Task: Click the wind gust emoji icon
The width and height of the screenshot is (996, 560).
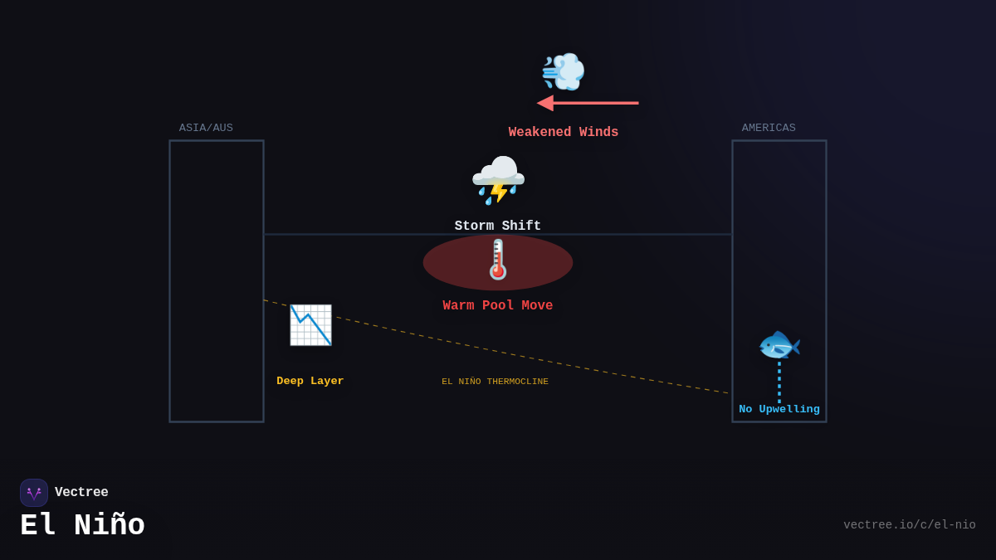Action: point(564,71)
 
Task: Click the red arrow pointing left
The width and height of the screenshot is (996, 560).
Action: point(588,103)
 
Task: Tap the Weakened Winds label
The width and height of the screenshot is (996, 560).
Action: point(563,133)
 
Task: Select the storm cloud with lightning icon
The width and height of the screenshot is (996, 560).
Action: point(498,179)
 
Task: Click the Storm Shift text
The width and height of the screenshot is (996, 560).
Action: point(497,226)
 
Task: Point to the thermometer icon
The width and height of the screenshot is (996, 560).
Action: point(498,260)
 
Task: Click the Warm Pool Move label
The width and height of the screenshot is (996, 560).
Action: point(497,306)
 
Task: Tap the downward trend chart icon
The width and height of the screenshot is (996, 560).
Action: point(310,325)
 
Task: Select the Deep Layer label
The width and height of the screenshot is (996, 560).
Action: point(310,382)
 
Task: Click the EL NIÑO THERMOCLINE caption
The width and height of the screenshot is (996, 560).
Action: point(495,382)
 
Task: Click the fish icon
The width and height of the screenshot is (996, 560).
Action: point(779,345)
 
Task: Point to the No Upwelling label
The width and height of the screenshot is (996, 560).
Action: point(779,410)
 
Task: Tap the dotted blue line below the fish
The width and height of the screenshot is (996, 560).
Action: point(779,382)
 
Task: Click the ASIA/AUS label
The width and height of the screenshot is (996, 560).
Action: point(206,129)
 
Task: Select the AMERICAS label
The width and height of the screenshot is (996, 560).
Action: point(769,129)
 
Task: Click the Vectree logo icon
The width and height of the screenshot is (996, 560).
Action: point(34,493)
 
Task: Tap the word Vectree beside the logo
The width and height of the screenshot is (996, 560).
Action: point(81,493)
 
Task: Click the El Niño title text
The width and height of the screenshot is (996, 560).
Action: point(82,526)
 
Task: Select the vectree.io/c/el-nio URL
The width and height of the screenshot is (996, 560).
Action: point(909,525)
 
